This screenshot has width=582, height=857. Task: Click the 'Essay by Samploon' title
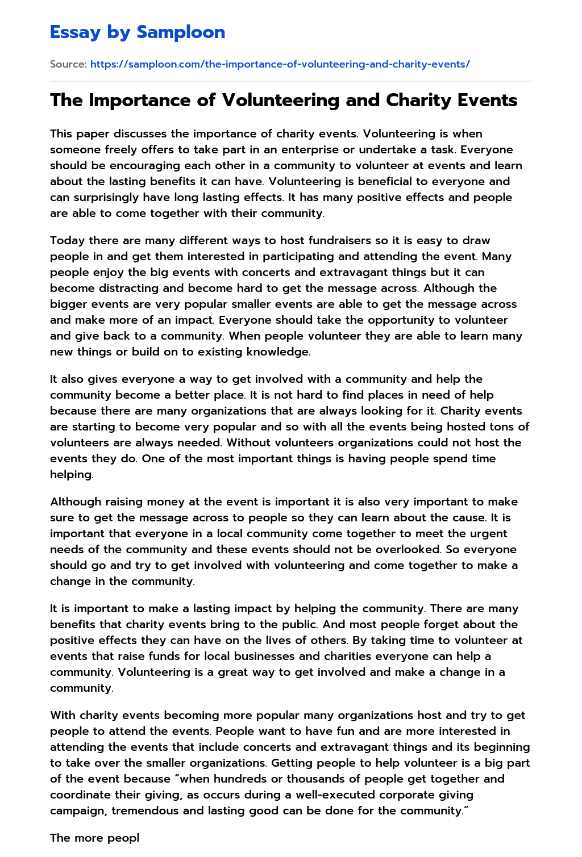(x=138, y=32)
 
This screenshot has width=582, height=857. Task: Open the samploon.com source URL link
(x=280, y=64)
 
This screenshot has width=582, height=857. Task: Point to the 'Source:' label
(x=68, y=64)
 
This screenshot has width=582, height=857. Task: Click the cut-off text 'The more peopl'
(x=94, y=838)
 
